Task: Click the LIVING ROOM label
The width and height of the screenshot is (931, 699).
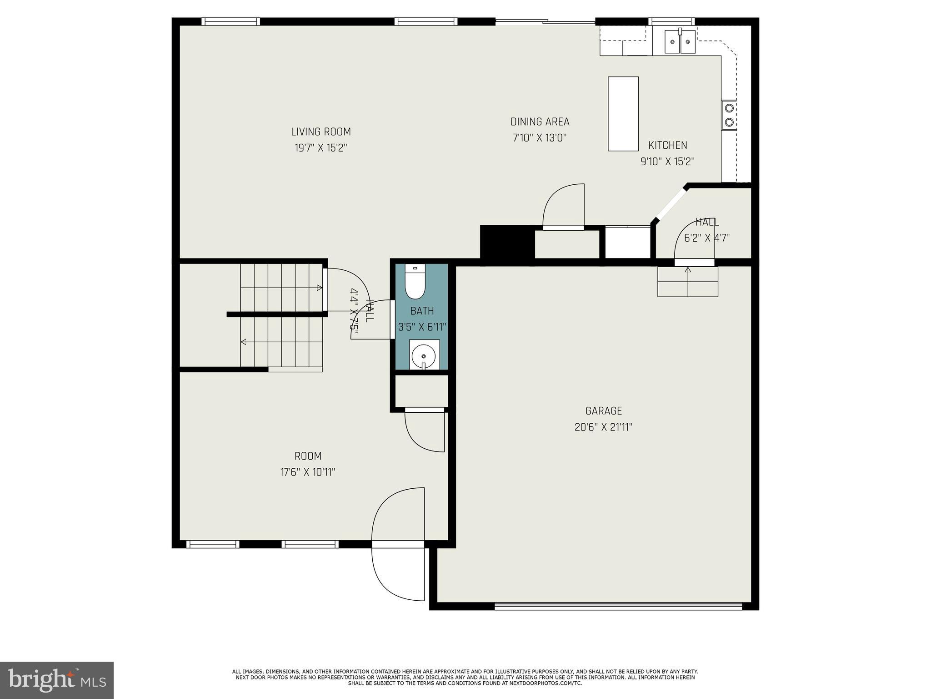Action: coord(320,132)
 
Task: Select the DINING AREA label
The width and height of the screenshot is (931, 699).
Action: coord(540,122)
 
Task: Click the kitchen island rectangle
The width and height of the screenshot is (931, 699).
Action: coord(623,113)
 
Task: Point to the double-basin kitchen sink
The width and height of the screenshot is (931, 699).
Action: coord(680,42)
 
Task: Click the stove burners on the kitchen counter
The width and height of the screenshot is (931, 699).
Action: coord(729,115)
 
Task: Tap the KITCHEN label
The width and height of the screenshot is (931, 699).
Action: coord(667,146)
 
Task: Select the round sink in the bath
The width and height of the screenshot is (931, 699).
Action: coord(424,355)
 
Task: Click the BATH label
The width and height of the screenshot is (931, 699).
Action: coord(422,311)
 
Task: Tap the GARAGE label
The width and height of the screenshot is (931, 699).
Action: coord(603,411)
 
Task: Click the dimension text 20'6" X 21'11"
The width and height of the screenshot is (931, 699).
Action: coord(603,427)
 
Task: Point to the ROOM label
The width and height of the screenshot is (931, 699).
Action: coord(308,456)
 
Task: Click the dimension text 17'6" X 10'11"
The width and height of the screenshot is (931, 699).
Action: coord(308,472)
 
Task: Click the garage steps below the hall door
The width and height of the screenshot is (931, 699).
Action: coord(687,282)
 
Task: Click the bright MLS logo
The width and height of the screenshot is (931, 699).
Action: coord(57,680)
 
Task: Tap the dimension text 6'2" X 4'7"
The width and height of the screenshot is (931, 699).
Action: coord(706,238)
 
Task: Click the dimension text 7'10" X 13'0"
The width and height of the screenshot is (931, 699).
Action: coord(540,138)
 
